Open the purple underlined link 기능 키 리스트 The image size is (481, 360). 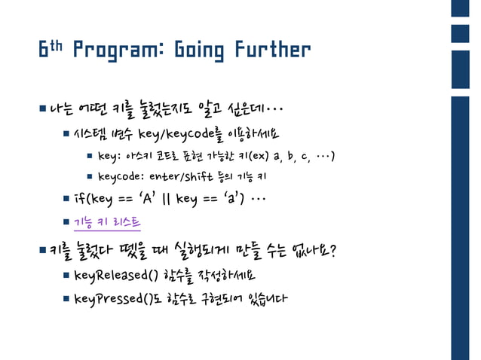pos(107,223)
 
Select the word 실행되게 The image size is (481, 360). pos(211,249)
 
